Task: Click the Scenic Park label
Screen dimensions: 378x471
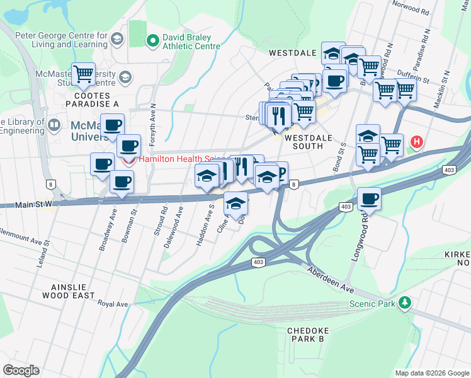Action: click(x=372, y=304)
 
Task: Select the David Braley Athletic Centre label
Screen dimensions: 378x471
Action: click(x=191, y=42)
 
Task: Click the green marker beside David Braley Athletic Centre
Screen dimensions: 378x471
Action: click(x=152, y=42)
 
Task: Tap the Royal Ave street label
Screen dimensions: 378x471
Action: click(x=113, y=304)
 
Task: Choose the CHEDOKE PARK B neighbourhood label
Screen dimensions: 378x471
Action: click(x=305, y=335)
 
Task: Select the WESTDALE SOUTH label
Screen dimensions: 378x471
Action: click(x=304, y=141)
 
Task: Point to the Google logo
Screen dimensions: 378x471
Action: click(x=21, y=370)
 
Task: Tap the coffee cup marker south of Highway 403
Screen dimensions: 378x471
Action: click(x=369, y=199)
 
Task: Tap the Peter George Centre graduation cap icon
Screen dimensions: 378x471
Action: click(x=116, y=40)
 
